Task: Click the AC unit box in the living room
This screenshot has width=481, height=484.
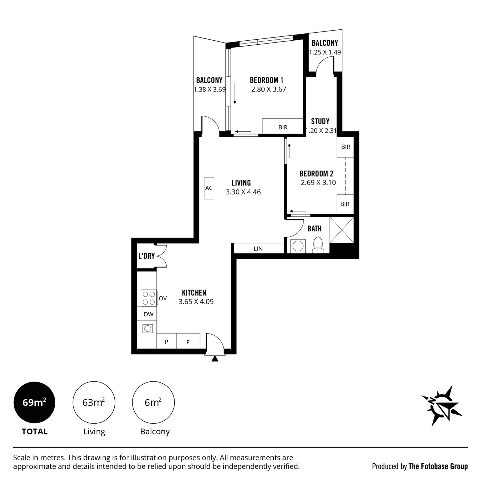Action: click(209, 188)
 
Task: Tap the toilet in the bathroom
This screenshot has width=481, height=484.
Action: click(318, 245)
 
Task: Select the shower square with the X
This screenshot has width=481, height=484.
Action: click(342, 230)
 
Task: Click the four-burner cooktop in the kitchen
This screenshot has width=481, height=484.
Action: click(149, 298)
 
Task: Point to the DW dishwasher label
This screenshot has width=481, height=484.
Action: click(148, 314)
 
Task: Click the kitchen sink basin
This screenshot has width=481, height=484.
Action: click(148, 329)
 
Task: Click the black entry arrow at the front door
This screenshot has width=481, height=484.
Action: click(215, 359)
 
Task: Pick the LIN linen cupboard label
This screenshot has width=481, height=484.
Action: click(258, 248)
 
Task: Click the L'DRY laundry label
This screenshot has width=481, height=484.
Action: click(147, 256)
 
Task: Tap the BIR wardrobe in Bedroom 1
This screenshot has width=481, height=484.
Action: click(283, 126)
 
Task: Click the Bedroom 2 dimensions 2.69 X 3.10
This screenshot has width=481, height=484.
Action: click(318, 183)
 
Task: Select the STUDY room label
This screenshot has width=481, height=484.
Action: click(320, 122)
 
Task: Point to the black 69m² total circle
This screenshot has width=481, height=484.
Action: click(34, 403)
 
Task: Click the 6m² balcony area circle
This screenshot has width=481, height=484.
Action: click(153, 403)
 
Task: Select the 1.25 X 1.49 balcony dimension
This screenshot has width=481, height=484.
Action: click(325, 52)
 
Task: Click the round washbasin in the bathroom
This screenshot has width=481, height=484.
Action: click(298, 246)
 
